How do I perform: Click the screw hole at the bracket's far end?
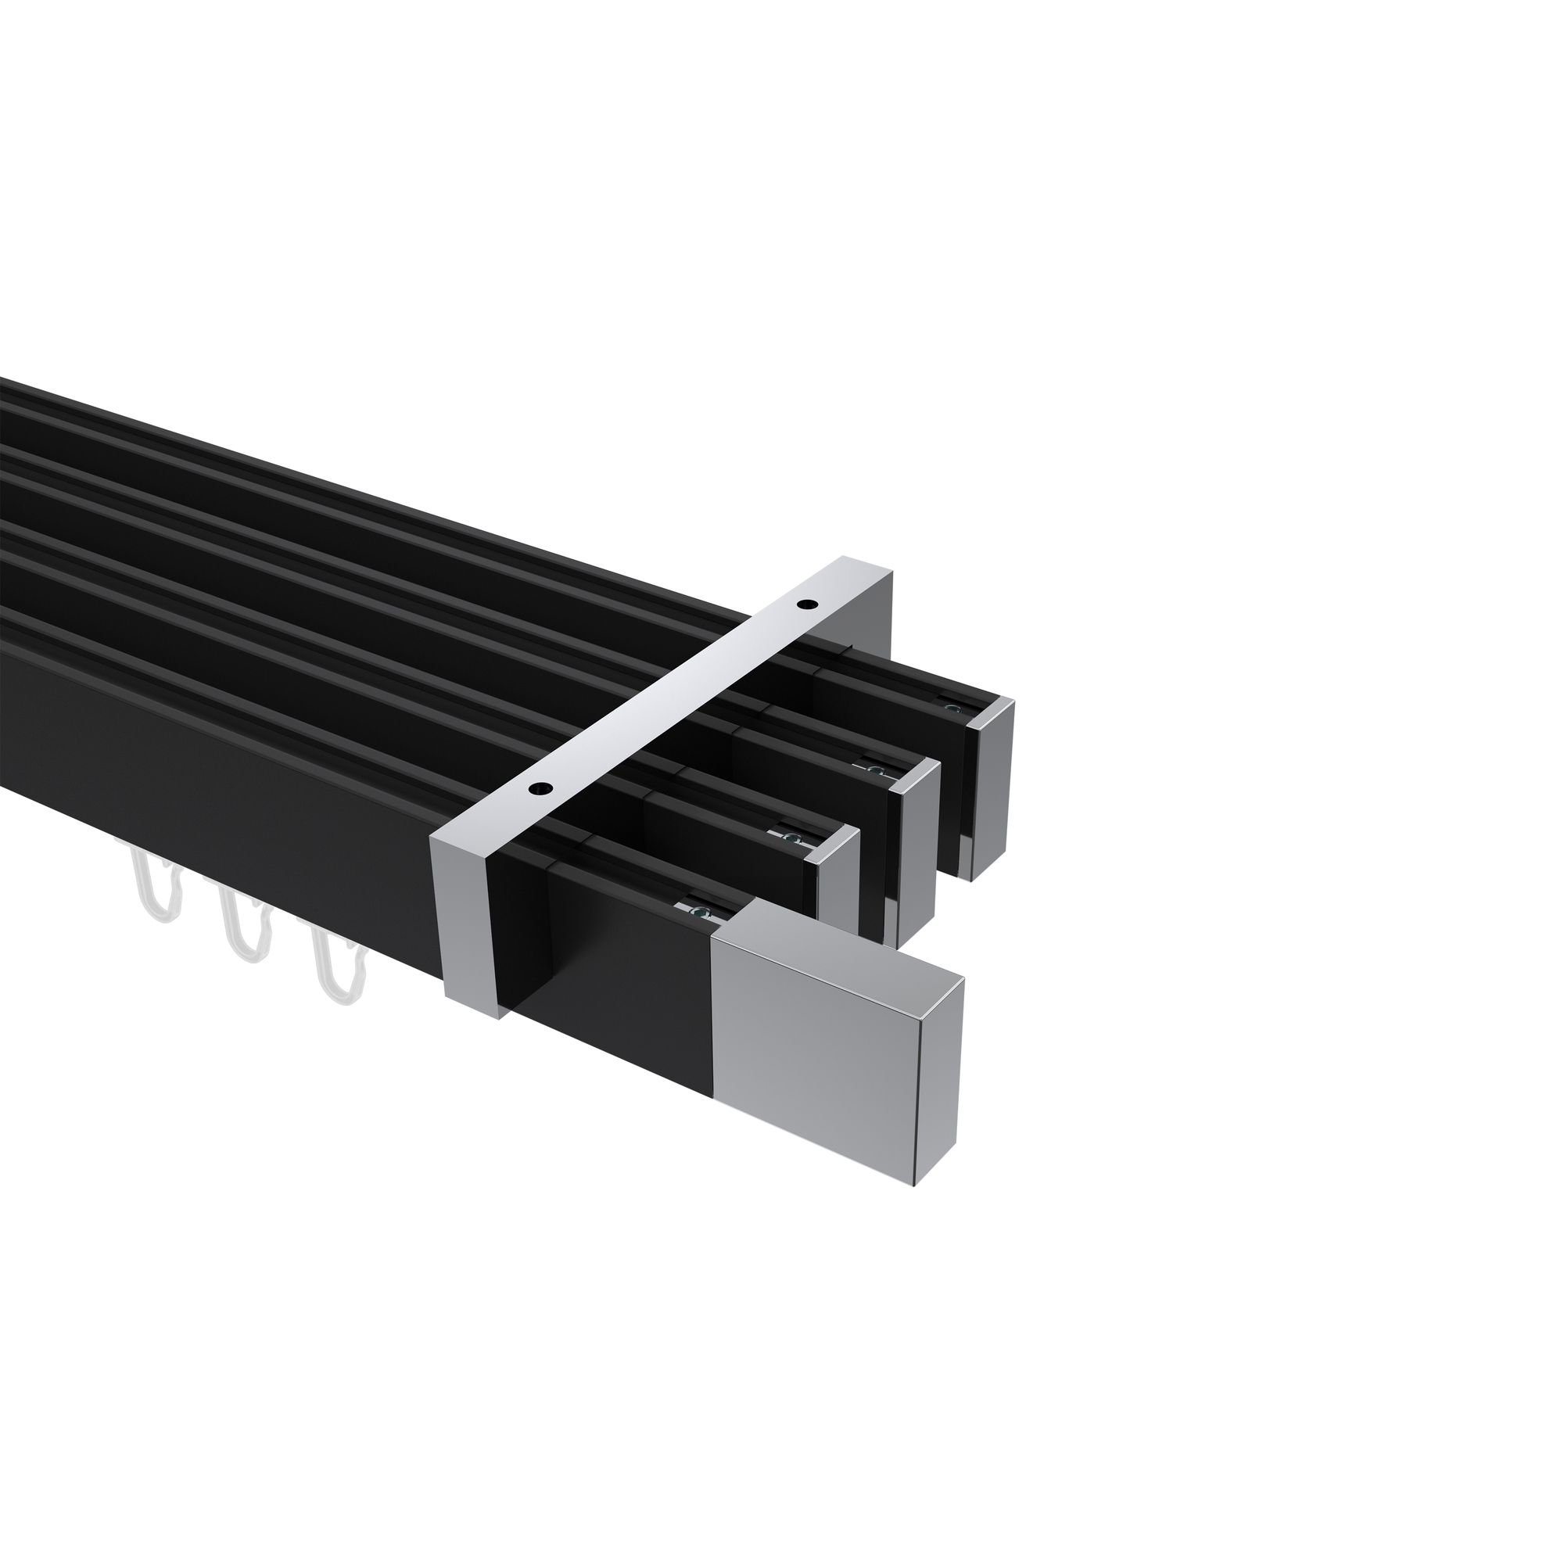click(x=806, y=604)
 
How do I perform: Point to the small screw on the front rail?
click(x=698, y=912)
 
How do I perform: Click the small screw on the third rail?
click(x=874, y=769)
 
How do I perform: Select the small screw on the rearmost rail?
click(x=952, y=708)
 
